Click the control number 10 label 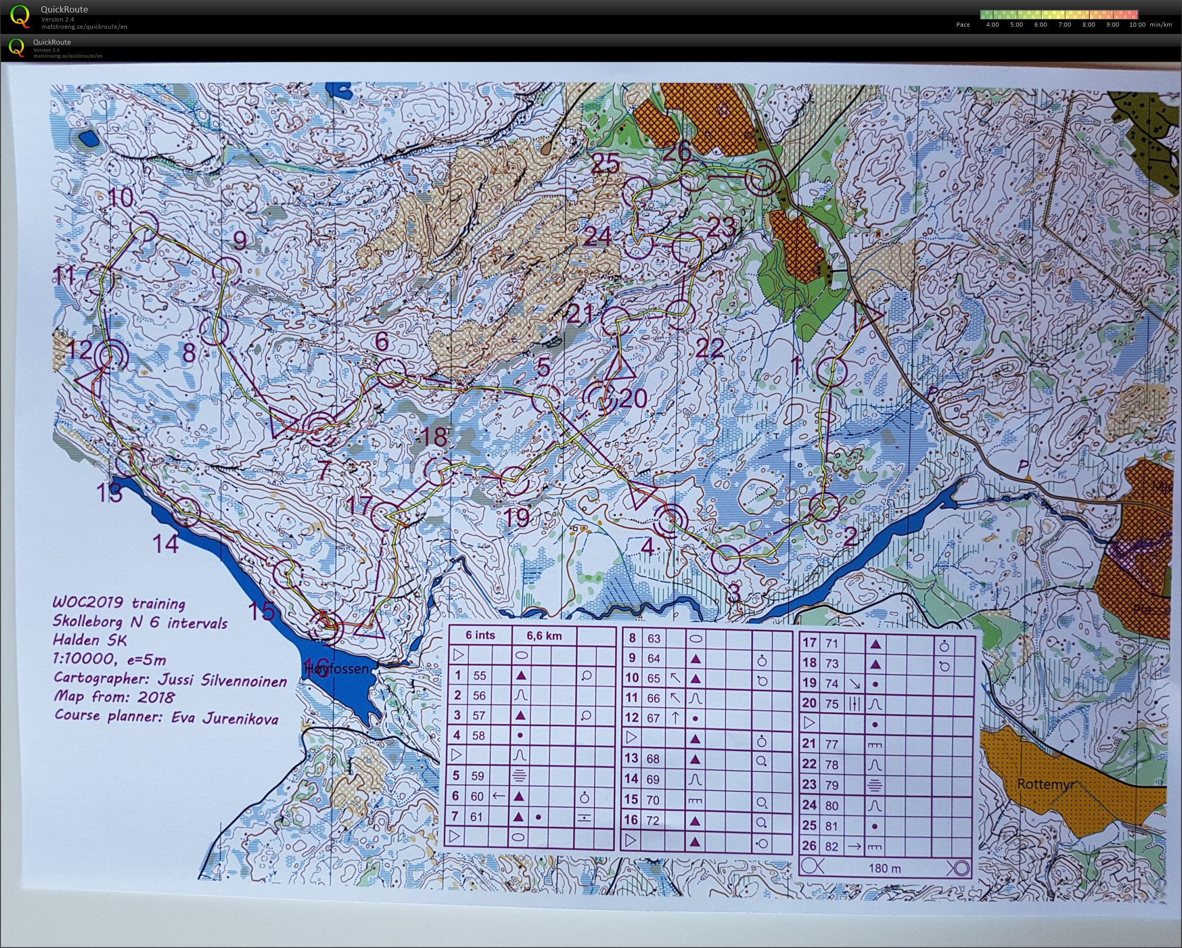click(122, 197)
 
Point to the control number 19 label click(517, 517)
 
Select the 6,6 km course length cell click(544, 636)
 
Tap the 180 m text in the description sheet click(885, 868)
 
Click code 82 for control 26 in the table click(832, 846)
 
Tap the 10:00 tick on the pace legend click(1138, 25)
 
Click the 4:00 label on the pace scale click(992, 25)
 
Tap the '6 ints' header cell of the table click(480, 636)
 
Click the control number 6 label click(382, 342)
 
